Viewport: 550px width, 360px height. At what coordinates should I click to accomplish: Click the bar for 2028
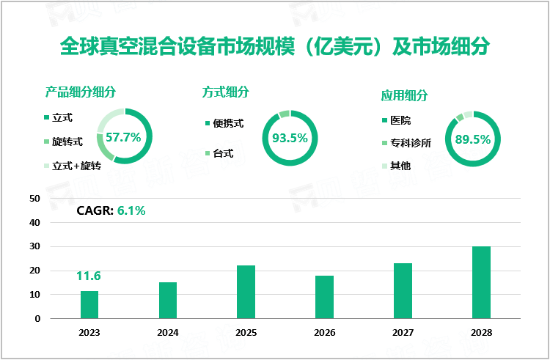480,282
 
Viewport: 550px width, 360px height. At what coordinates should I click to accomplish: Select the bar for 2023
89,305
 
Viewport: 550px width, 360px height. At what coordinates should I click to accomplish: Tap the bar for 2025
246,292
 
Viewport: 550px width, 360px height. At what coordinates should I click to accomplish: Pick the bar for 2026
324,297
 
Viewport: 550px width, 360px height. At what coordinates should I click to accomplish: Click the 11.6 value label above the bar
88,276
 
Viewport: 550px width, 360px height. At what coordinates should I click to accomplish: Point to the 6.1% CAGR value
131,211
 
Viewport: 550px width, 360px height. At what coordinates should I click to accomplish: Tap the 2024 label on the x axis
167,332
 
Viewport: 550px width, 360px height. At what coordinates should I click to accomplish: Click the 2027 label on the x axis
402,332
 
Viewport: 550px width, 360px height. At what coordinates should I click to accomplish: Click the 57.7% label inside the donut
123,136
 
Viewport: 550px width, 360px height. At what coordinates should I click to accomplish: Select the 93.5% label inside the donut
290,137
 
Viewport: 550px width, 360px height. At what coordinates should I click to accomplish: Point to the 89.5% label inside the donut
472,139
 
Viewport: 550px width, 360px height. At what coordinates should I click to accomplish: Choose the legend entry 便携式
228,123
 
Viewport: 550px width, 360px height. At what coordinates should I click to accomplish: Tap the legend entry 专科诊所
410,143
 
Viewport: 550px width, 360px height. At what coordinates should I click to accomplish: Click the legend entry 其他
400,166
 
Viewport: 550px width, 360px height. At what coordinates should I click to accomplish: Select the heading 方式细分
226,92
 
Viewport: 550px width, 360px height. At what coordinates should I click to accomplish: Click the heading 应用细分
404,95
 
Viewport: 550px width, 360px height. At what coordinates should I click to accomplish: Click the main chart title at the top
274,48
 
